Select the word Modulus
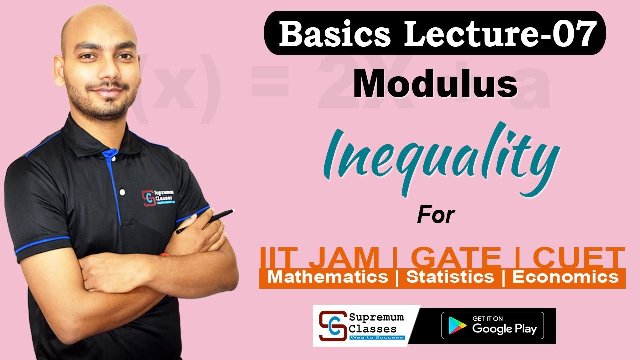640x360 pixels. (435, 84)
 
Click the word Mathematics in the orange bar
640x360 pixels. (328, 277)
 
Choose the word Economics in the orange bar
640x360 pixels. (565, 277)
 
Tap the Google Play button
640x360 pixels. (492, 326)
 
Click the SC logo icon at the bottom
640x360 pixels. (332, 326)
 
